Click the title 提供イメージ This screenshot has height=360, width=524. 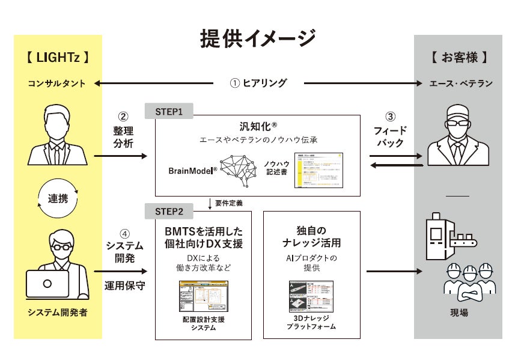pos(258,38)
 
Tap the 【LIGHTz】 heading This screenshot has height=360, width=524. pos(58,58)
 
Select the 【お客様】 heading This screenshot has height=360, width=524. pos(458,58)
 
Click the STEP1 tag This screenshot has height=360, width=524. pos(169,112)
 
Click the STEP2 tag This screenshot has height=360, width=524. pos(169,211)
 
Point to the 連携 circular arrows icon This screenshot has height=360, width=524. pos(58,198)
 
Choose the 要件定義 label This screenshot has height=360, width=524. pos(228,203)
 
